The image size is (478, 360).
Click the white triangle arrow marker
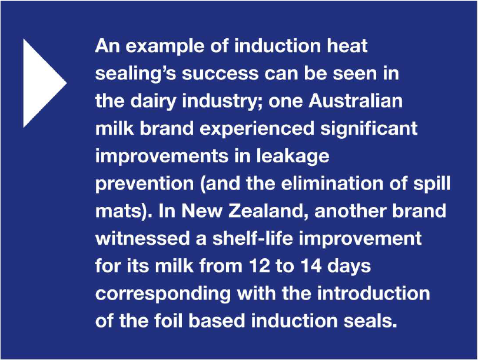coord(42,83)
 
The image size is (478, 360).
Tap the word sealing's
coord(135,74)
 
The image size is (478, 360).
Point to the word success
coord(220,74)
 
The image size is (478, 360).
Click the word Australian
coord(356,101)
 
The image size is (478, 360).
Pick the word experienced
coord(257,129)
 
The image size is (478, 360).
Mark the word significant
coord(369,129)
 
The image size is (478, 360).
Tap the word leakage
coord(293,156)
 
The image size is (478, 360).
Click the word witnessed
coord(142,238)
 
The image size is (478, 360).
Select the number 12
coord(260,266)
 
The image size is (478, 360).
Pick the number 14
coord(311,266)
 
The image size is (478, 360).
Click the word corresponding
coord(163,294)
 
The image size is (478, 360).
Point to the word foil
coord(169,321)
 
